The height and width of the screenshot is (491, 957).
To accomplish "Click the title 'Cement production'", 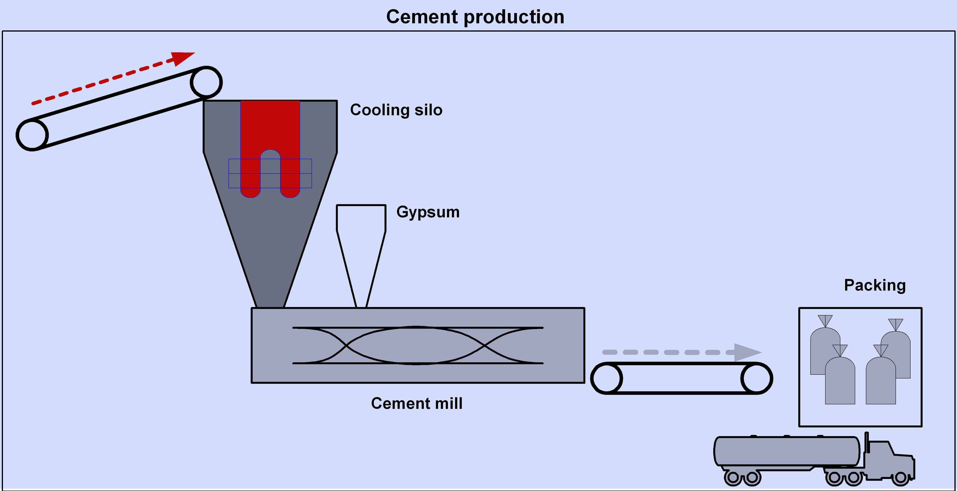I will click(x=475, y=17).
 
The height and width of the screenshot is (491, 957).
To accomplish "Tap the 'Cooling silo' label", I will click(x=396, y=110).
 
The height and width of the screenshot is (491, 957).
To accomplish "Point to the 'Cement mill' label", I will click(x=416, y=403).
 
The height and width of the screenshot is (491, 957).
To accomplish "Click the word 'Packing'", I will click(x=874, y=285).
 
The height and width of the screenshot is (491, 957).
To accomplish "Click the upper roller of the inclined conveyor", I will click(x=206, y=82).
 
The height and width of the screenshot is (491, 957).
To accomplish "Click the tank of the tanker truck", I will click(x=788, y=451).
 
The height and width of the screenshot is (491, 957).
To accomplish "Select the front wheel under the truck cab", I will click(x=901, y=478).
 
